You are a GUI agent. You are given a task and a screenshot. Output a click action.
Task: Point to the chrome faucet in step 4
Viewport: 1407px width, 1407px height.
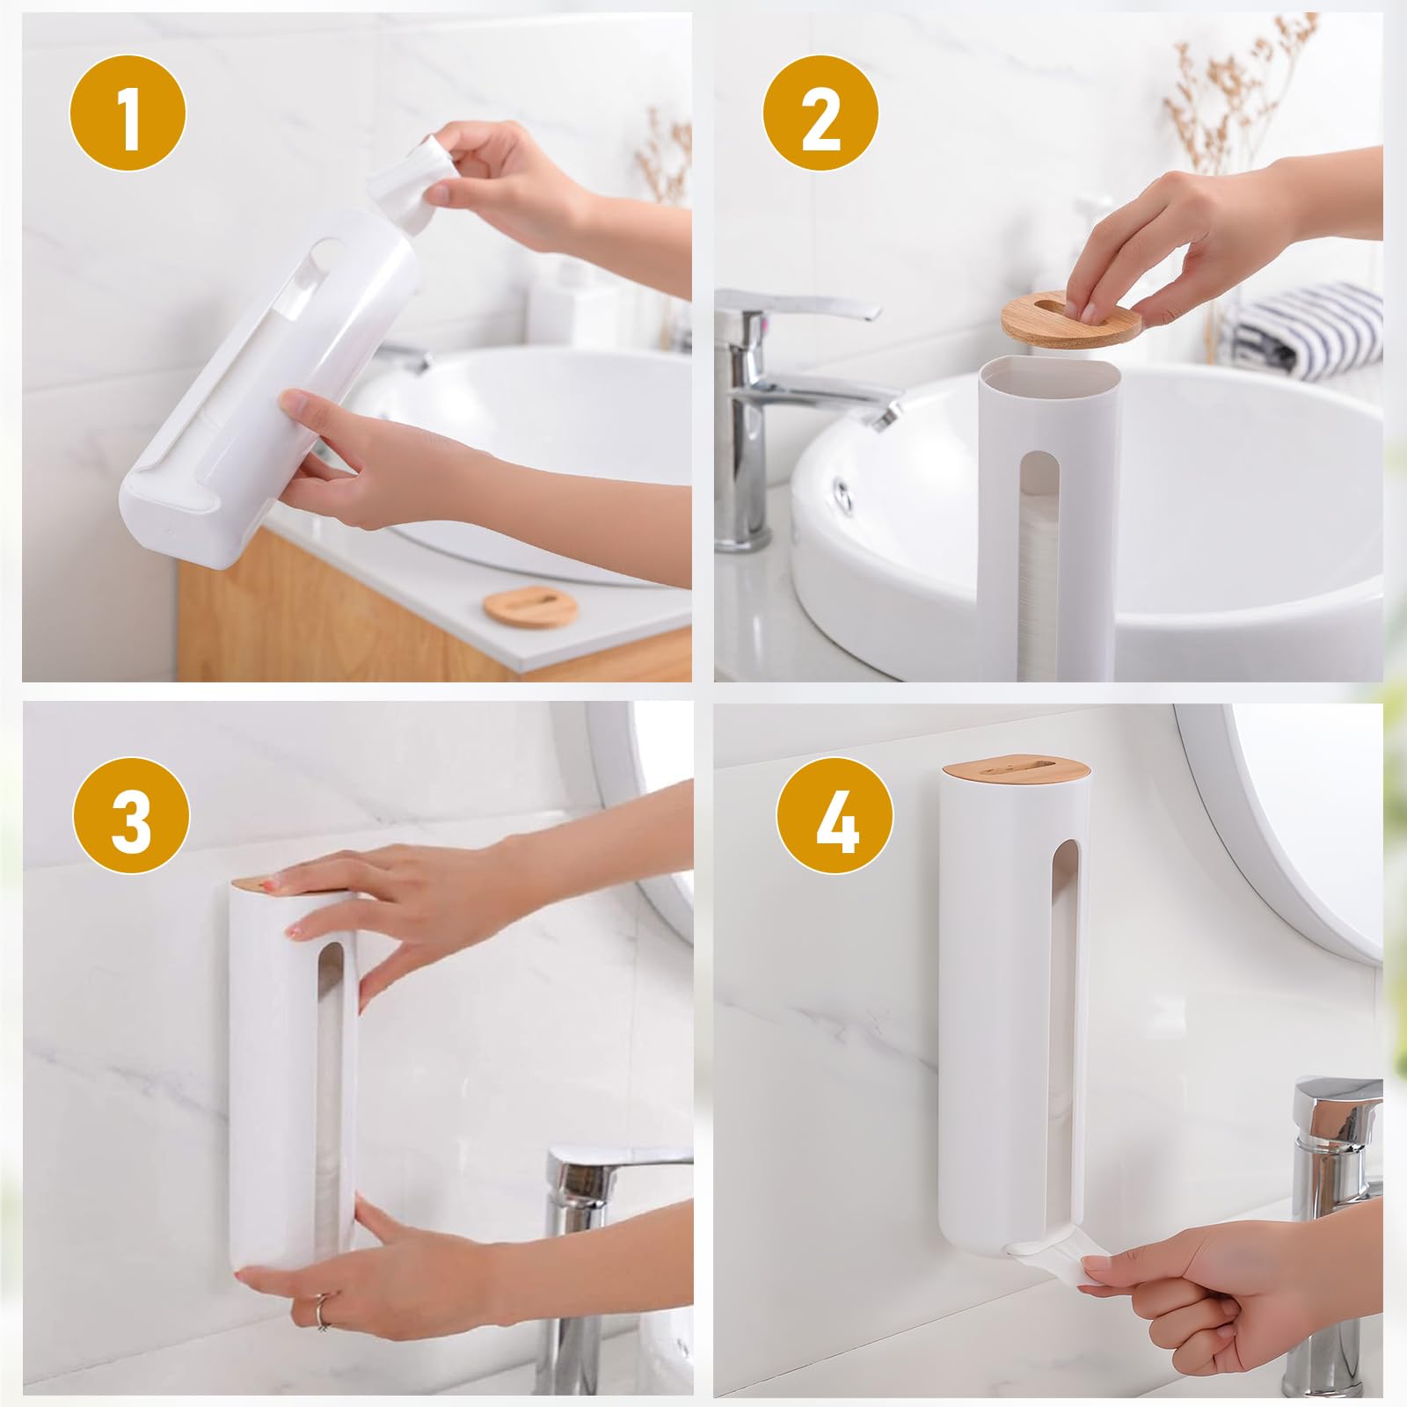point(1337,1231)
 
